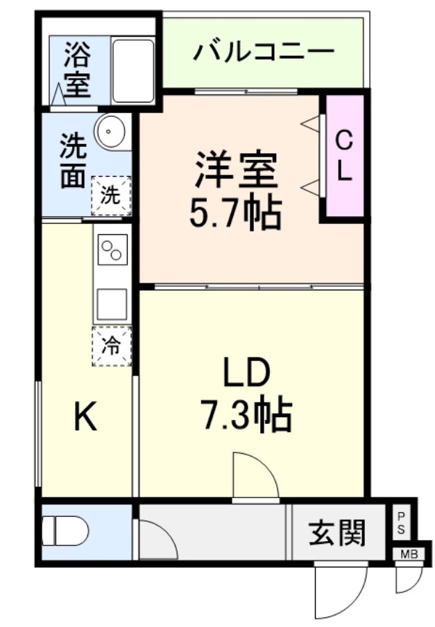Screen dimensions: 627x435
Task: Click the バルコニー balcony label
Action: click(x=264, y=52)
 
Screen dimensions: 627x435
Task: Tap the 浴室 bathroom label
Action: click(x=77, y=70)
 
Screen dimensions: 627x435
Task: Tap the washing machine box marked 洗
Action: click(x=110, y=195)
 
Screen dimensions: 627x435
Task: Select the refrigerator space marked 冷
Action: click(x=111, y=344)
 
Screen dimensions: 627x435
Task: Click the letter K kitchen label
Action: click(x=85, y=418)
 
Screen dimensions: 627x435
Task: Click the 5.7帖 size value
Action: click(x=236, y=213)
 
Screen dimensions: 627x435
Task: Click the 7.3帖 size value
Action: click(x=246, y=416)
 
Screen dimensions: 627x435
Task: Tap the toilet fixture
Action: click(x=65, y=532)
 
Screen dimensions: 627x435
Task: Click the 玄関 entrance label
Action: click(x=336, y=532)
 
